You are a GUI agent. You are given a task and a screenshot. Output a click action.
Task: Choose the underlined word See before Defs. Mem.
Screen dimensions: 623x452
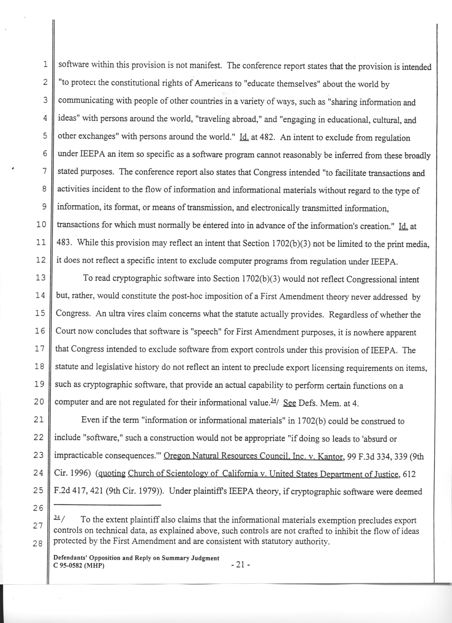pos(289,403)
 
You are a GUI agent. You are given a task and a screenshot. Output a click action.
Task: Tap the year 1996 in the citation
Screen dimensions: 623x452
pos(78,474)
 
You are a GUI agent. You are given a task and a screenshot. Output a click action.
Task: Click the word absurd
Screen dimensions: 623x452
pos(374,439)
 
